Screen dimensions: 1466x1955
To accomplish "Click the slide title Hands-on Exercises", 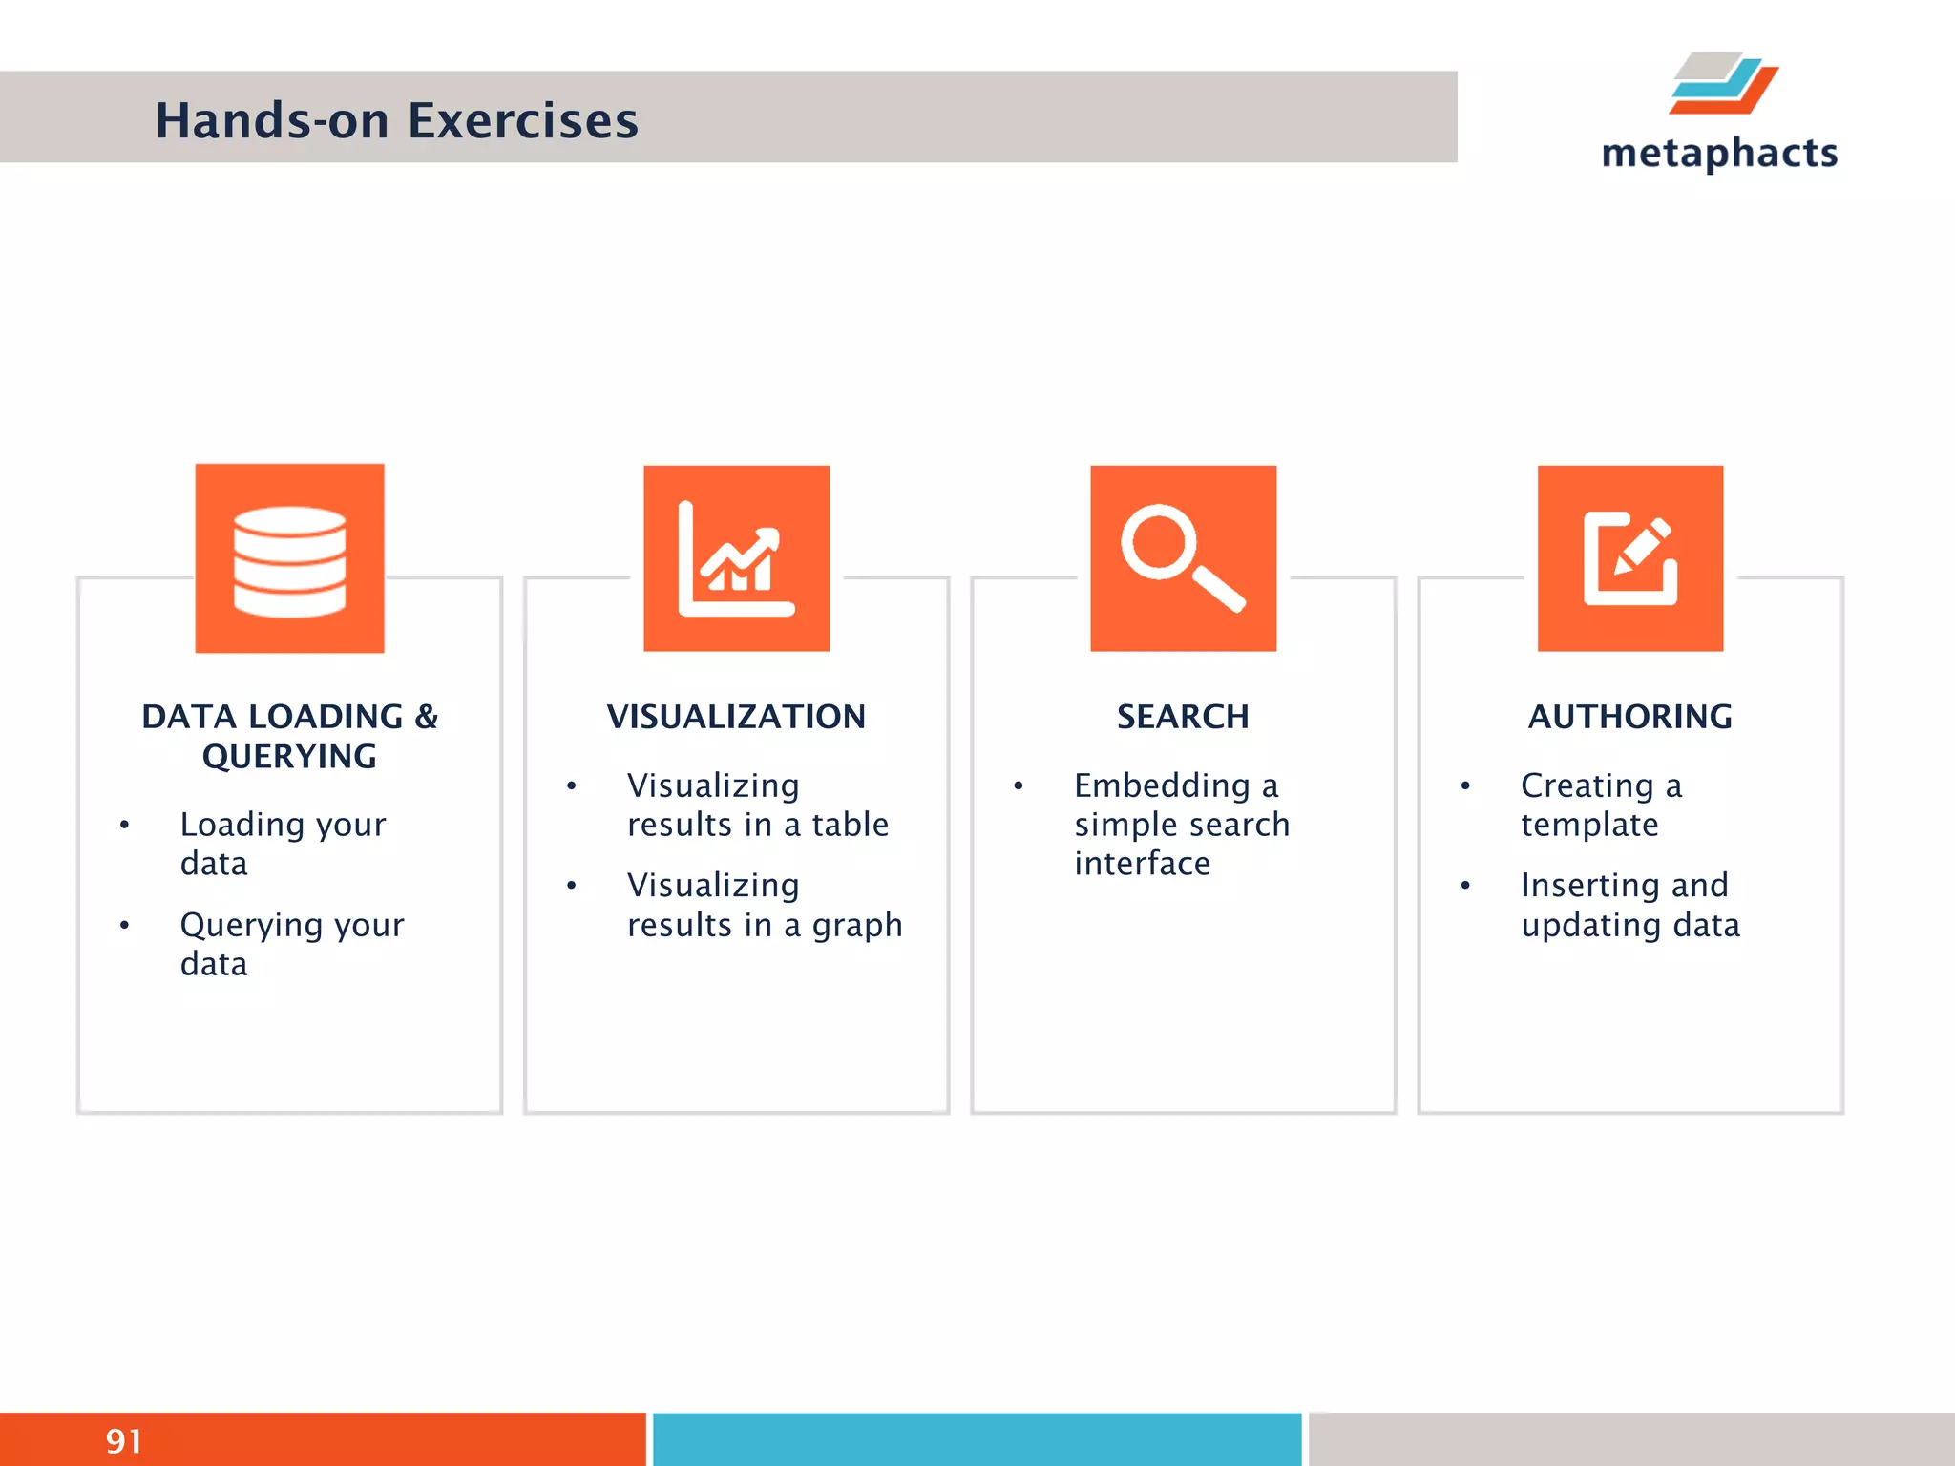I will tap(396, 121).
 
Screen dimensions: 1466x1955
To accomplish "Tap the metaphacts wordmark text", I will tap(1719, 154).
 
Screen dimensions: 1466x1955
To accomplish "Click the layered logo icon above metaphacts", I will tap(1723, 84).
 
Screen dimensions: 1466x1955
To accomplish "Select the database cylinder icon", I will tap(289, 560).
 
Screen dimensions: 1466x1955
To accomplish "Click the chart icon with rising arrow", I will tap(736, 559).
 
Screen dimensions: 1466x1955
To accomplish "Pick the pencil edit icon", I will tap(1630, 559).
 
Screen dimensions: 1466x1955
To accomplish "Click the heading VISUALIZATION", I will tap(736, 717).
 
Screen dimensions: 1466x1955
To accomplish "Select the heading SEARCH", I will tap(1183, 717).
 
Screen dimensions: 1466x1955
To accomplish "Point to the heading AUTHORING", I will tap(1630, 717).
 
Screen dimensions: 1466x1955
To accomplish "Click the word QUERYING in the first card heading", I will tap(289, 757).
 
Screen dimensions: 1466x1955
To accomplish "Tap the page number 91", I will tap(124, 1441).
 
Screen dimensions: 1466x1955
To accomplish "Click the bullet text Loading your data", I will tap(283, 844).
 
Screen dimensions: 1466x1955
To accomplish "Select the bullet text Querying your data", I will tap(291, 944).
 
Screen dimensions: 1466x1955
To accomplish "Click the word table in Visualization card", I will tap(850, 825).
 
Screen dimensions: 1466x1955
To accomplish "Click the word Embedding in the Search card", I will tap(1162, 785).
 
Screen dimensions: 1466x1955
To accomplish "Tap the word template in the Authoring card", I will tap(1589, 825).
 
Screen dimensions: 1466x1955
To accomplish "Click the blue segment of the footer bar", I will tap(977, 1439).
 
